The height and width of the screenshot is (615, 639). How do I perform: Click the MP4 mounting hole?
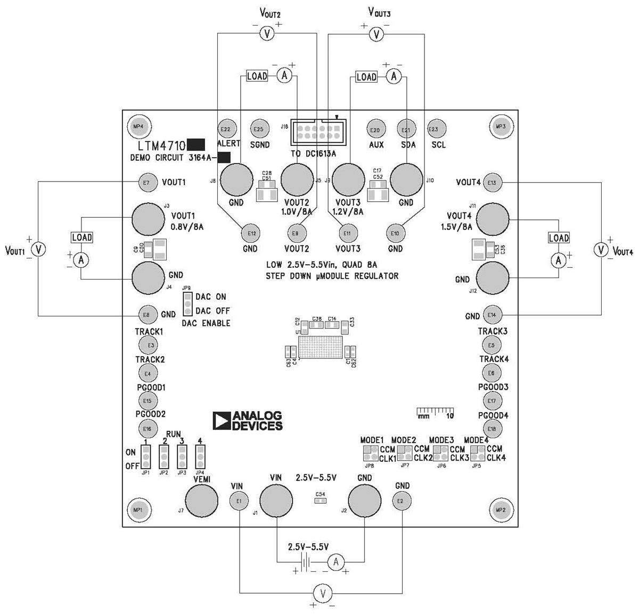[138, 126]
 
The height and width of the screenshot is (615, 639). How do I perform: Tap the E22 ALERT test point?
[225, 129]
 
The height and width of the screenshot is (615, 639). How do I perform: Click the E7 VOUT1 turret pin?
[146, 183]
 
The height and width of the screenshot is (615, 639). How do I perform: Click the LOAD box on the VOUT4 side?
[559, 238]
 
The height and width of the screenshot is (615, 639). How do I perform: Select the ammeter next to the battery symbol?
[335, 561]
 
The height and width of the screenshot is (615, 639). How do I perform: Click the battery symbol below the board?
[305, 561]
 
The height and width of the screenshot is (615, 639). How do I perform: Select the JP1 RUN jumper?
[145, 456]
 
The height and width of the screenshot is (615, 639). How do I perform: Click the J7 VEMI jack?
[201, 501]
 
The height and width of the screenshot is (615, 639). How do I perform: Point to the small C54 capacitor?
[320, 501]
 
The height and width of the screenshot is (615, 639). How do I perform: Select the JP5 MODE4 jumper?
[478, 453]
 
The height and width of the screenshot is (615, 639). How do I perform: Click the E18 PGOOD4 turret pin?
[491, 429]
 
